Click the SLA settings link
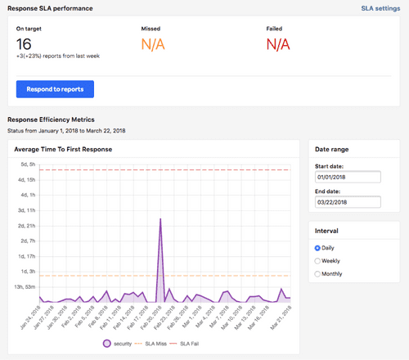coord(380,8)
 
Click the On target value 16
coord(24,45)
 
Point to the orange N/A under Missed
coord(154,45)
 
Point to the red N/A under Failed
coord(278,45)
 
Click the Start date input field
coord(348,177)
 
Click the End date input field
coord(348,201)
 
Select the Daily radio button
coord(318,248)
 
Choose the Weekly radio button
coord(318,261)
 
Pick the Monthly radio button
coord(318,274)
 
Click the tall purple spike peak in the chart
coord(160,219)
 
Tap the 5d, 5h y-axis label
coord(27,164)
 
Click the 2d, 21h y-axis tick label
coord(26,225)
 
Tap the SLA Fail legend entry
coord(200,343)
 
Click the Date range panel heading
coord(332,149)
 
